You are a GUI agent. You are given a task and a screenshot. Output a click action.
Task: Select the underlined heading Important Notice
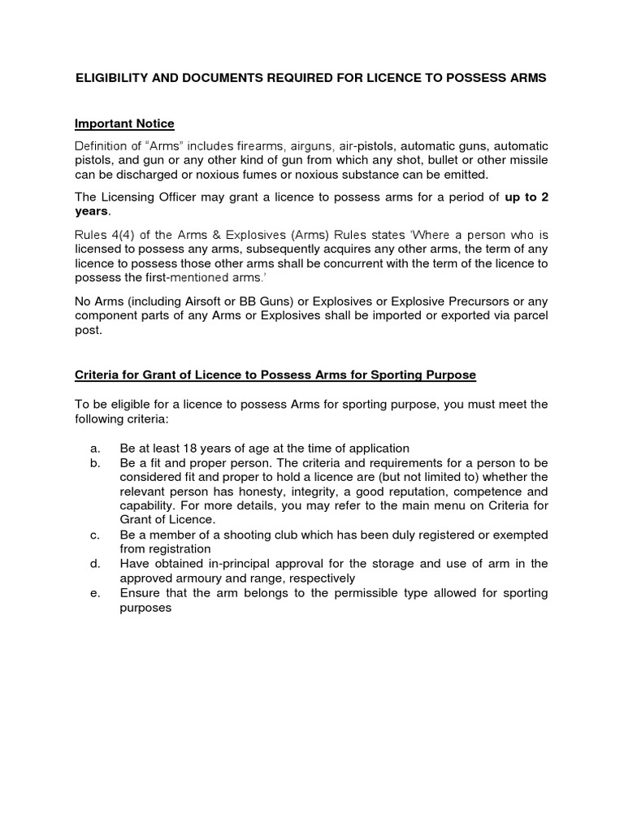[124, 123]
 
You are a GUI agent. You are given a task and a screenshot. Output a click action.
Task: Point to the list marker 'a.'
[96, 448]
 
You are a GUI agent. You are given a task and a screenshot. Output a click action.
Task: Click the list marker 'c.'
[96, 535]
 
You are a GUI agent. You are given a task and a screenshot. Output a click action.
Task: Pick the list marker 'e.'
[96, 593]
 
